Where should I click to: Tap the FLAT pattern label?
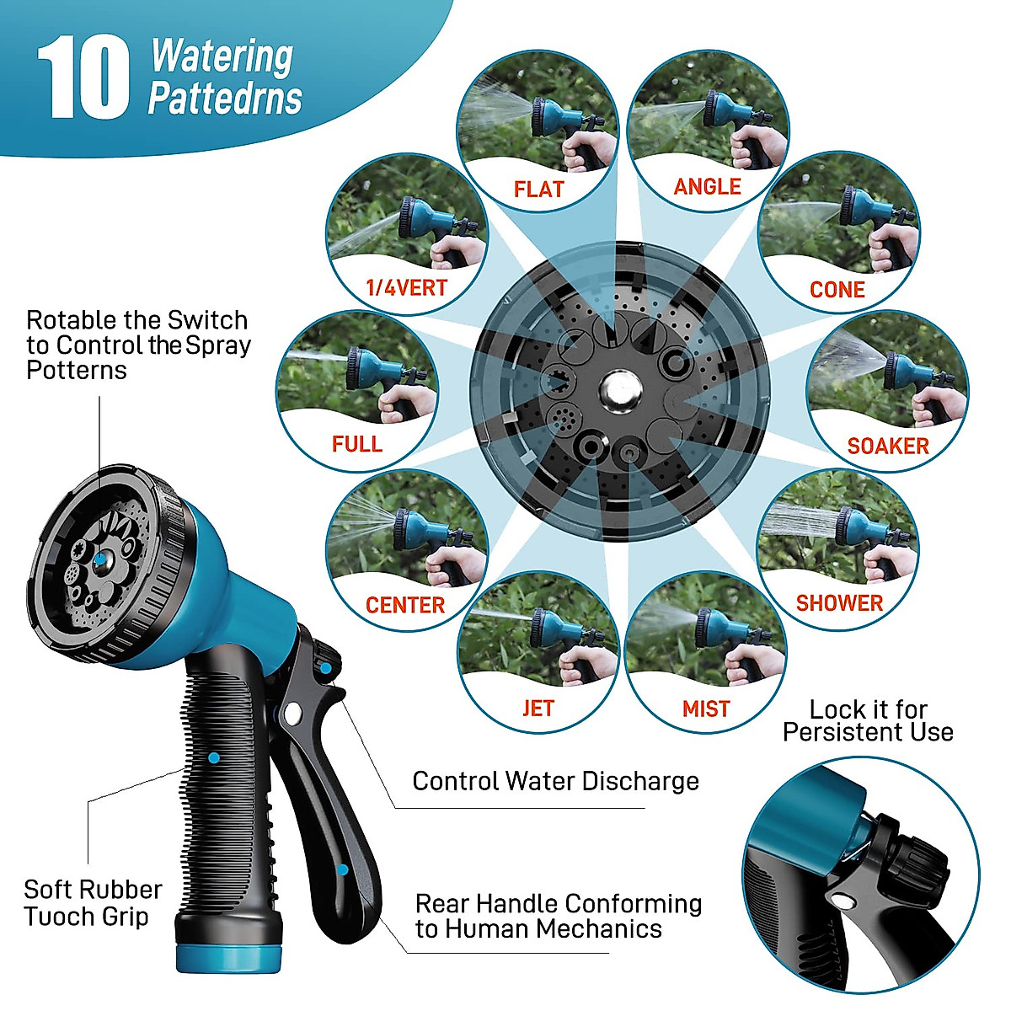538,189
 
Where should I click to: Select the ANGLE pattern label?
707,186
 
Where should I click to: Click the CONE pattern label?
837,290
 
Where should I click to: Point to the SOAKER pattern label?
887,446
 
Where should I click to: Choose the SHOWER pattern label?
839,603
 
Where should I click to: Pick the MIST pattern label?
706,709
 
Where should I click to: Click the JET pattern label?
538,709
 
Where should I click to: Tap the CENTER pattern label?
404,605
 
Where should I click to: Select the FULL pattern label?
356,444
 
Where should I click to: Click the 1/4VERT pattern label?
406,288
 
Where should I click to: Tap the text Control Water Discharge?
555,781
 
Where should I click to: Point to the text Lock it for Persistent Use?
868,721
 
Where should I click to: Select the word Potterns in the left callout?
76,370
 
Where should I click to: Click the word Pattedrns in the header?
225,99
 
